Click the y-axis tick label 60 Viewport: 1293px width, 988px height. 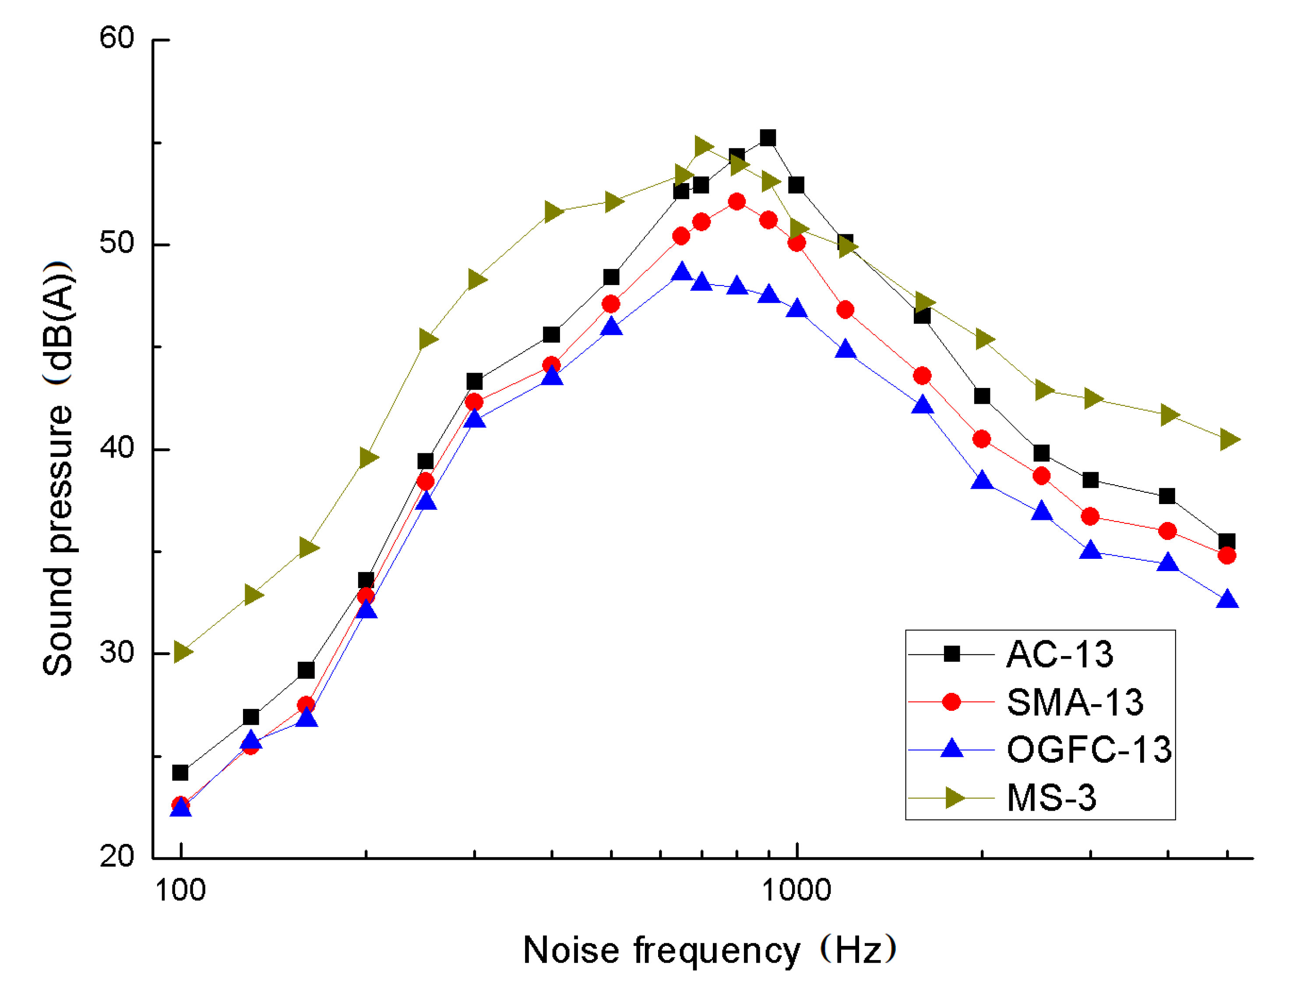116,39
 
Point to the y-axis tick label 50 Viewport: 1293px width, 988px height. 116,243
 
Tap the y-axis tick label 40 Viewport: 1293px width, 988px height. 116,448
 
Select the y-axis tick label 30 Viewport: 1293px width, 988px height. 116,652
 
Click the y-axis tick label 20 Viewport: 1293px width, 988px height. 116,856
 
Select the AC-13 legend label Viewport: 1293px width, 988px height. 1060,654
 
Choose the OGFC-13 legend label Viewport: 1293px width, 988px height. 1089,750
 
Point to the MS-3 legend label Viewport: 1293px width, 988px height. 1051,798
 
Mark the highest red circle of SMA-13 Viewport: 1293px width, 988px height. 737,202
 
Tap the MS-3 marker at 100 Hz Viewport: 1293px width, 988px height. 182,652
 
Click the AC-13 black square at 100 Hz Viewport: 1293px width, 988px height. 180,772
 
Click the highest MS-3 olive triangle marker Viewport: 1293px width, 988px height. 703,146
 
